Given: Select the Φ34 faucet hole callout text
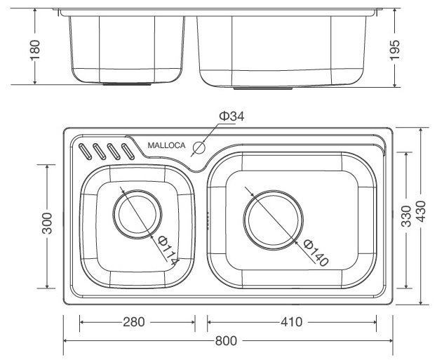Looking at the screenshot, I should pos(231,116).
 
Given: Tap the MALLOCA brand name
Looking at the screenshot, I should pos(166,146).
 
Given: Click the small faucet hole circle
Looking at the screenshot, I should pos(199,148).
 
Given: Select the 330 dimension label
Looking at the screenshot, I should pos(406,220).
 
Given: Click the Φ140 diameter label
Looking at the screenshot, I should pos(316,253).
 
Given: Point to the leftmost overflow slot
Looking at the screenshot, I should pos(85,150).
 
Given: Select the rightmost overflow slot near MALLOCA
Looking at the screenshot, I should pos(127,150).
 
